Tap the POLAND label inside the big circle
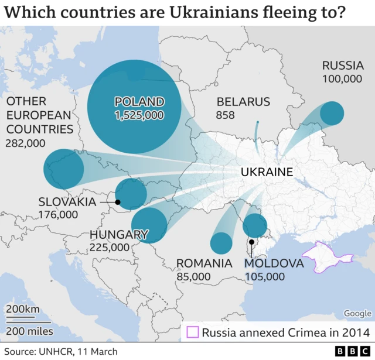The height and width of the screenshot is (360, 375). coord(139,102)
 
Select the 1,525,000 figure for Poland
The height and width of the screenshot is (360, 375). coord(139,115)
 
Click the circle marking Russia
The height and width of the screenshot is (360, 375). coord(332,113)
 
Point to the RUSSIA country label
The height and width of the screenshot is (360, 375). coord(342,65)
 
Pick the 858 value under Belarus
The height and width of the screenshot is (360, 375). coord(225,115)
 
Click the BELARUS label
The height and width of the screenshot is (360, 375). coord(243,102)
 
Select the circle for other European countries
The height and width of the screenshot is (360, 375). coord(64,169)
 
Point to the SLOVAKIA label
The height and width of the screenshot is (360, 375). coord(67,201)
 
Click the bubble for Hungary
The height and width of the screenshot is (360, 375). coord(149,225)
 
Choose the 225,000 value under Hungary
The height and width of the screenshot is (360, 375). coord(110,248)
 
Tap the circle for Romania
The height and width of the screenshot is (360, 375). coord(221,243)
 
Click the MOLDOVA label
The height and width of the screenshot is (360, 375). coord(274,263)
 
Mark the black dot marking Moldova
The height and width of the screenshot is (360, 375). coord(251,242)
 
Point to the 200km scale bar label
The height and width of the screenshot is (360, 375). coord(23,309)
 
